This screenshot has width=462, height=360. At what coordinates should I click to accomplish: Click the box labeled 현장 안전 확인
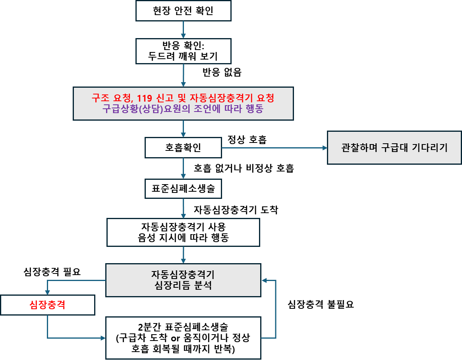coord(183,11)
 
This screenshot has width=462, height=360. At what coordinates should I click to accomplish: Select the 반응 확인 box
coord(183,51)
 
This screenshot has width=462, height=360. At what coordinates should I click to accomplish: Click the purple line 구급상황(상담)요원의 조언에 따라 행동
coord(183,109)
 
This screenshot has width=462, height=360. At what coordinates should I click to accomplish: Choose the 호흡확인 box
coord(183,148)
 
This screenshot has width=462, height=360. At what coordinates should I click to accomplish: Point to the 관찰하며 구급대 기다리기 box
coord(394,148)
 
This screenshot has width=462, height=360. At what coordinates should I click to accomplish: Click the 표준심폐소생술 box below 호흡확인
coord(183,189)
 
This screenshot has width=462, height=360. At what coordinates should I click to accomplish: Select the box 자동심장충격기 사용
coord(183,232)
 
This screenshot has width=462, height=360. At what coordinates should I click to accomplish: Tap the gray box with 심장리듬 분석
coord(183,280)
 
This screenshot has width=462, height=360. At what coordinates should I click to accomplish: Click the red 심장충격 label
coord(47,305)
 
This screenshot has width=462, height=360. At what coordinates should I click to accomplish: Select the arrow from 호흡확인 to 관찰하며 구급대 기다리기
coord(274,148)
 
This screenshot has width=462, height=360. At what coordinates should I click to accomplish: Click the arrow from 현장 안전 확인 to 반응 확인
coord(183,29)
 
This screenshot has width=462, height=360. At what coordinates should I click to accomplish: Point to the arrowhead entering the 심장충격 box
coord(47,292)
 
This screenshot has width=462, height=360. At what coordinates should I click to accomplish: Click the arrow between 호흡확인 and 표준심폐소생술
coord(183,169)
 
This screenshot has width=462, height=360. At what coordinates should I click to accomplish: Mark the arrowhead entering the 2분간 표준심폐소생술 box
coord(102,338)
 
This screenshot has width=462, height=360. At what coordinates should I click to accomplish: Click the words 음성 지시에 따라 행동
coord(183,238)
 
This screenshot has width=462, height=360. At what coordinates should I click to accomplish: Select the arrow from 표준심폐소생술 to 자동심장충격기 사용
coord(183,208)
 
